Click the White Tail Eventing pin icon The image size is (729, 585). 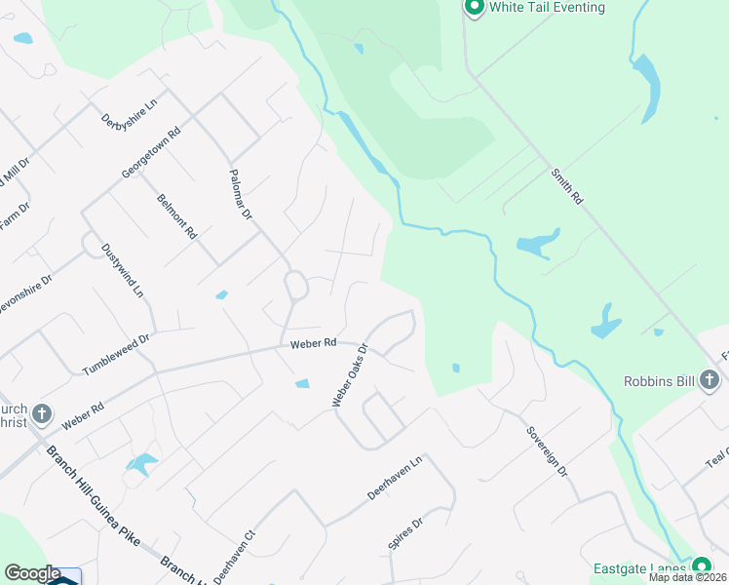coord(475,8)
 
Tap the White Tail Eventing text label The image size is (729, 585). coord(547,8)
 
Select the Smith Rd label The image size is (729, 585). coord(565,186)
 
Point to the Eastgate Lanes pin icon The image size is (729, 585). coord(701,567)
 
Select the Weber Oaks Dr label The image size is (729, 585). coord(349,374)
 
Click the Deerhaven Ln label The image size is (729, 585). coord(396,478)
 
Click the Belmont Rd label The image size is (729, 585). coord(177,216)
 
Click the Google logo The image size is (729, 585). coord(31,573)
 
